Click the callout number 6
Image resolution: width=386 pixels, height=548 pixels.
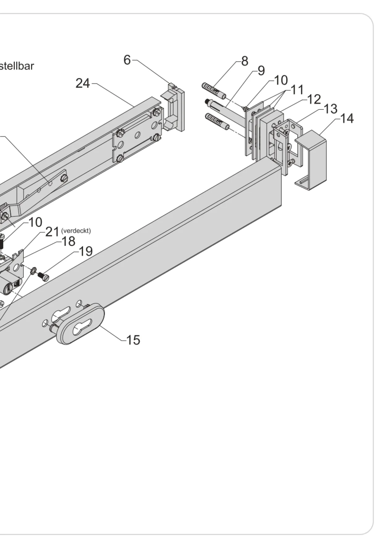[x=127, y=60]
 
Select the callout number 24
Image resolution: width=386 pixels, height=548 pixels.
[x=83, y=83]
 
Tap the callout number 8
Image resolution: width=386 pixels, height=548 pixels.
[x=245, y=61]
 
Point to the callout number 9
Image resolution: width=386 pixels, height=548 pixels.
[x=261, y=71]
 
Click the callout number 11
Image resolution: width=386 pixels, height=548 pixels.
[x=297, y=90]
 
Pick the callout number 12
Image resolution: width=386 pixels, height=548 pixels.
[x=314, y=99]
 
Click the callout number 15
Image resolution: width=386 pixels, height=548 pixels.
[x=133, y=340]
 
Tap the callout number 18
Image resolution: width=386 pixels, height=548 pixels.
[x=69, y=241]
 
